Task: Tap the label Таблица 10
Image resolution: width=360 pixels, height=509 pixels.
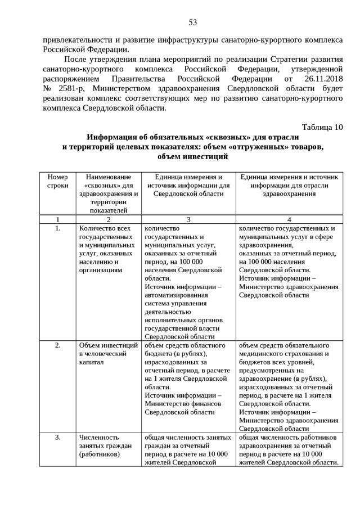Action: pyautogui.click(x=322, y=127)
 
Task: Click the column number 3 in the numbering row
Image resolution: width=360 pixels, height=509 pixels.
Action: pyautogui.click(x=188, y=219)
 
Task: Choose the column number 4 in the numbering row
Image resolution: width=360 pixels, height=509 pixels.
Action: pyautogui.click(x=289, y=219)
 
